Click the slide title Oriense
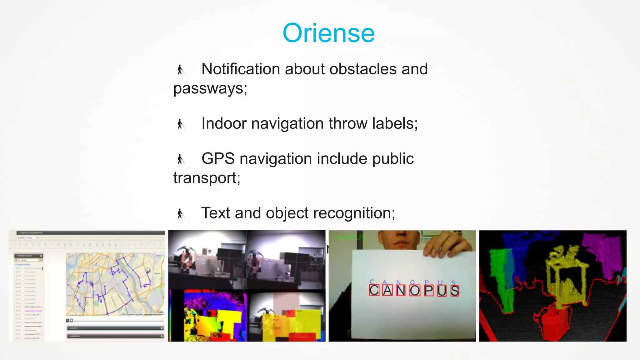tap(328, 33)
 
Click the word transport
tap(206, 178)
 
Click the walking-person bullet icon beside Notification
tap(180, 69)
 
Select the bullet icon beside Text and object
tap(180, 214)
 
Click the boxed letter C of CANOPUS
tap(374, 290)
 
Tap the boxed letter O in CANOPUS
tap(415, 290)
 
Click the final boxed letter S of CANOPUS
tap(455, 290)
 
